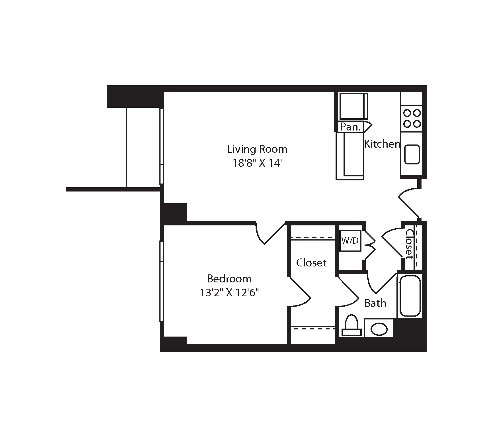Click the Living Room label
click(257, 149)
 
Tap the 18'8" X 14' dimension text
click(257, 163)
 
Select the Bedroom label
click(229, 278)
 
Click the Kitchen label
click(382, 144)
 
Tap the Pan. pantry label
click(351, 127)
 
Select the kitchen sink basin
click(412, 154)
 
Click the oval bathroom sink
click(379, 329)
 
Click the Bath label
click(375, 303)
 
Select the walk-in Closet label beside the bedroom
click(311, 262)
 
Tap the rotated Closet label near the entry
click(409, 244)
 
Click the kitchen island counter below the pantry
click(350, 156)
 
